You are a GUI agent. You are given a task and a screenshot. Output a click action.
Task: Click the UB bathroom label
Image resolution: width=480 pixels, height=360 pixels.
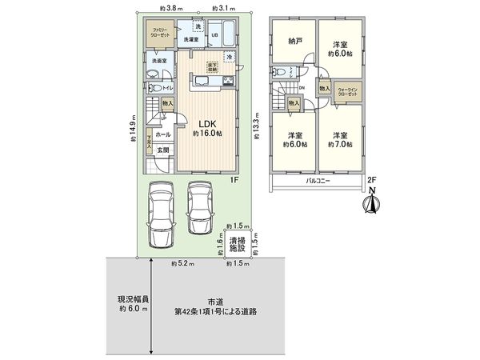[215, 34]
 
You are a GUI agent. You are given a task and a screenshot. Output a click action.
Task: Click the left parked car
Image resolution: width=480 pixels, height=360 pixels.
[161, 209]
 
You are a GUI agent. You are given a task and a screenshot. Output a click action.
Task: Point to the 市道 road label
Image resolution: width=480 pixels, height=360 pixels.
[213, 301]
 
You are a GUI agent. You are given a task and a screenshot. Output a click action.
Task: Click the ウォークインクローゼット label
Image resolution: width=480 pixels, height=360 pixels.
[348, 90]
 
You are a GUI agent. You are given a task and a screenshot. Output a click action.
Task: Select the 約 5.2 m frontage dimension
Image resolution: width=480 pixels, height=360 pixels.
[180, 262]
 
